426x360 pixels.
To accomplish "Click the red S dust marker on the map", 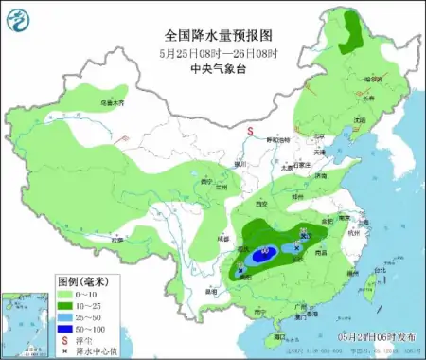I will click(x=250, y=132).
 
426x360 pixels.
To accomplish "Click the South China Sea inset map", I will click(x=23, y=324).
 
